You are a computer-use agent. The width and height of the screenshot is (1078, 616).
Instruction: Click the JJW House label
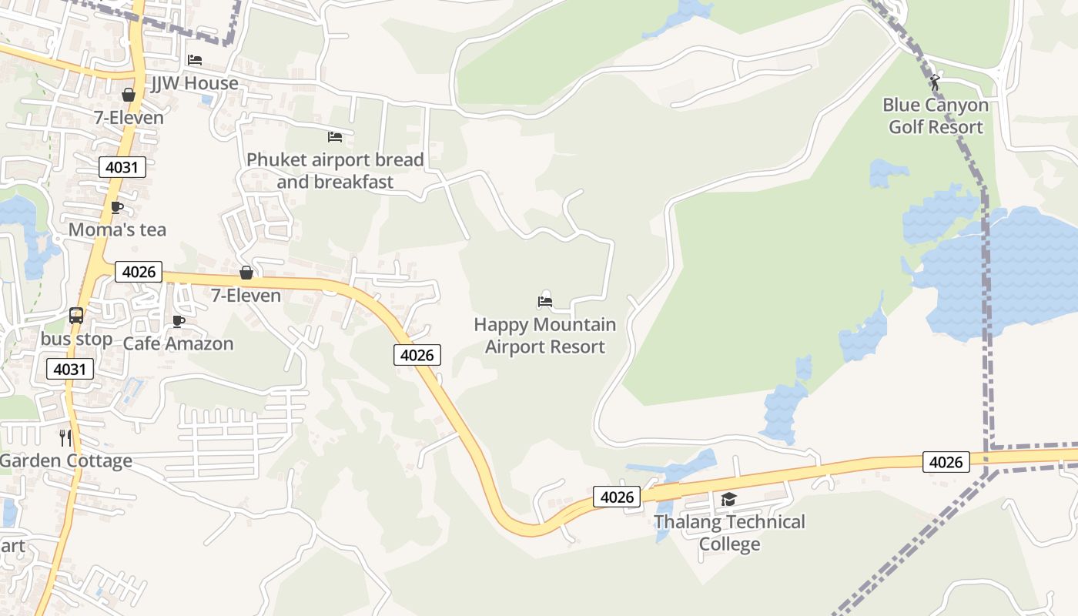pyautogui.click(x=195, y=83)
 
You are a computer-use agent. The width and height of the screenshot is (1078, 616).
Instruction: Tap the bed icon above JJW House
pyautogui.click(x=195, y=60)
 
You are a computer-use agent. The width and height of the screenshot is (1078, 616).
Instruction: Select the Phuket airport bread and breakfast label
pyautogui.click(x=335, y=171)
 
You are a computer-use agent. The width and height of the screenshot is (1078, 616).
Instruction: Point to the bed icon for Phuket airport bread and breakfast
pyautogui.click(x=335, y=137)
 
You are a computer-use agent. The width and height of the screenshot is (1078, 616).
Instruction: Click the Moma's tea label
pyautogui.click(x=117, y=229)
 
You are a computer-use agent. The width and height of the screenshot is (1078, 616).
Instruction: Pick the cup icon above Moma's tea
pyautogui.click(x=117, y=207)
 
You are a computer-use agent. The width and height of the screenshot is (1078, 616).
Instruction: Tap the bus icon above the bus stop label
pyautogui.click(x=76, y=315)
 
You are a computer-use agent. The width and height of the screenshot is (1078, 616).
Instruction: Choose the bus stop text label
pyautogui.click(x=76, y=339)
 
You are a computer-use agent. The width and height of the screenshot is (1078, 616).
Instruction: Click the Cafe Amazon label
pyautogui.click(x=178, y=343)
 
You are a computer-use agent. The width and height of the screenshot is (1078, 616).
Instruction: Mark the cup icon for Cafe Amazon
pyautogui.click(x=179, y=321)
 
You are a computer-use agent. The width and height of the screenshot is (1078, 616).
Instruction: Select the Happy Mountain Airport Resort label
pyautogui.click(x=545, y=336)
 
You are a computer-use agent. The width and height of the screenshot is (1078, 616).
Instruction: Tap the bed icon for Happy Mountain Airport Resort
pyautogui.click(x=545, y=301)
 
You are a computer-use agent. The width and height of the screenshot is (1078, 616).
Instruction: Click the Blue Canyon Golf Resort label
pyautogui.click(x=936, y=115)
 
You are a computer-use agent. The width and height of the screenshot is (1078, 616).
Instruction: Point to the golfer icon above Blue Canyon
pyautogui.click(x=936, y=82)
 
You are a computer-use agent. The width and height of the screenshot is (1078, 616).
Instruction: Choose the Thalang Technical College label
pyautogui.click(x=729, y=533)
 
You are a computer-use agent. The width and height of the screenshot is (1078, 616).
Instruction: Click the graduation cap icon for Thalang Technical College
pyautogui.click(x=729, y=500)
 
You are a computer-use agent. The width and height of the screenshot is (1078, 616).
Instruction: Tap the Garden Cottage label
pyautogui.click(x=66, y=460)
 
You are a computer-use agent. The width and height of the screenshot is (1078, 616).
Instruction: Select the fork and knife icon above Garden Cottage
pyautogui.click(x=65, y=437)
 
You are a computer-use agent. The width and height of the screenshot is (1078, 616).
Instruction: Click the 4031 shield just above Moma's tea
pyautogui.click(x=122, y=167)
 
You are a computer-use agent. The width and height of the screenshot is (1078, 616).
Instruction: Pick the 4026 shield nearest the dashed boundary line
pyautogui.click(x=946, y=462)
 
